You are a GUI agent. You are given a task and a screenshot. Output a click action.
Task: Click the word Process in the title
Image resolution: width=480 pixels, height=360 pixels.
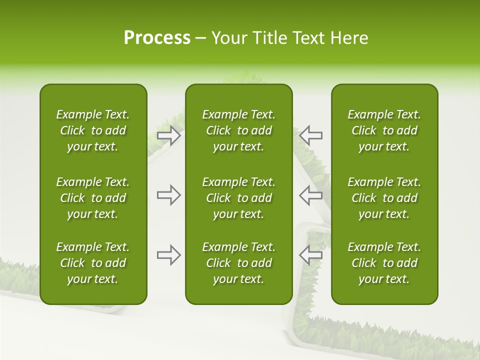[157, 38]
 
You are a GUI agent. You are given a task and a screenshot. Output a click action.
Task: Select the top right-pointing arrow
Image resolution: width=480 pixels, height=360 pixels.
[169, 135]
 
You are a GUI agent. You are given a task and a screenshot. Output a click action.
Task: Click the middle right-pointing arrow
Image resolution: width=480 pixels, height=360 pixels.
[169, 195]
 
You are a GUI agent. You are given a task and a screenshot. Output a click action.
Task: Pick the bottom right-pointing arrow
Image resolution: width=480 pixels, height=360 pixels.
[169, 255]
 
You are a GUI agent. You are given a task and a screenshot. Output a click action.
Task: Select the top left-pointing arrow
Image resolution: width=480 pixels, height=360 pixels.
[310, 135]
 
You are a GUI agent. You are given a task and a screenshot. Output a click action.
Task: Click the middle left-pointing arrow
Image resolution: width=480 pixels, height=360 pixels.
[310, 195]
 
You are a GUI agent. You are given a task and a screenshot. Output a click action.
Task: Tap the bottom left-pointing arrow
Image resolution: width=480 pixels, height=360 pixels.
[310, 255]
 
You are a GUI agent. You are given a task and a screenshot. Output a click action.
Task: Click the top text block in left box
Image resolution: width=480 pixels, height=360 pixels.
[93, 130]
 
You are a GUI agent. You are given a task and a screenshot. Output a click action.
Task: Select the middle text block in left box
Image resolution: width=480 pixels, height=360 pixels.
[93, 198]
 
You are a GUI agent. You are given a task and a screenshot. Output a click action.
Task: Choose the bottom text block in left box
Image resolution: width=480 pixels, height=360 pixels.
[93, 263]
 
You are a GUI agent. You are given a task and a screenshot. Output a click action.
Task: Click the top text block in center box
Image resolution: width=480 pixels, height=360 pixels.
[238, 130]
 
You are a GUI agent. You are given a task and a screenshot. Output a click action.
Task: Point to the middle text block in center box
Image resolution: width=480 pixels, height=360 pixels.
[238, 198]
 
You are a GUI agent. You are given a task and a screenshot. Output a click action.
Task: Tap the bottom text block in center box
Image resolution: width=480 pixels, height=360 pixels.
[238, 263]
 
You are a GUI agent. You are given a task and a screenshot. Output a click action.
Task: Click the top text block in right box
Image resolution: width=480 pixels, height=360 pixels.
[384, 130]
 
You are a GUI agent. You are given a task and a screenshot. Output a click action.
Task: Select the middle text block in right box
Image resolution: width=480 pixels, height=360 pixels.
[384, 198]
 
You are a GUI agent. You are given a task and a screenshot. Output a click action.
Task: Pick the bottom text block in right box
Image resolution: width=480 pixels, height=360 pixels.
[384, 263]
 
